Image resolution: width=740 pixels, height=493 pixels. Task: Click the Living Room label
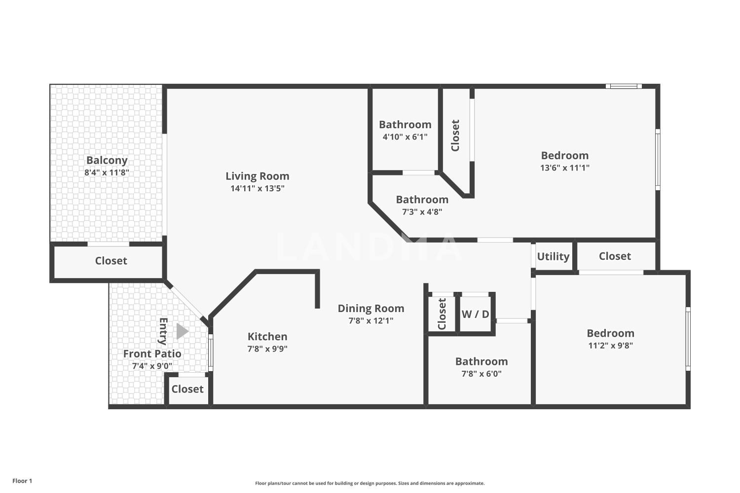click(x=258, y=176)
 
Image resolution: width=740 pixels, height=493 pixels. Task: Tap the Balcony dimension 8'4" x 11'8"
click(x=107, y=173)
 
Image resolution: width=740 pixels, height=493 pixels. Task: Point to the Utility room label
click(x=553, y=256)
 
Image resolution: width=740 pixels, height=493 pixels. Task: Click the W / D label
click(x=475, y=315)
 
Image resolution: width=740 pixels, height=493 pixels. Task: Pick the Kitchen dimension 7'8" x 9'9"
click(x=267, y=349)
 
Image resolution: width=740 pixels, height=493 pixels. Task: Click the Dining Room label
click(x=370, y=309)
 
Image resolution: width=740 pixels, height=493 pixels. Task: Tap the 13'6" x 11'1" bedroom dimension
click(x=564, y=168)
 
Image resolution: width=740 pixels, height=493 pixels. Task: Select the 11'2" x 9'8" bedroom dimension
click(x=611, y=346)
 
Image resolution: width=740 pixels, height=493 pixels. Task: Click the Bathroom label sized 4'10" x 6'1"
click(x=405, y=125)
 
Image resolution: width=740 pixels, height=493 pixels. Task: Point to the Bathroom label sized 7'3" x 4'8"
click(x=422, y=200)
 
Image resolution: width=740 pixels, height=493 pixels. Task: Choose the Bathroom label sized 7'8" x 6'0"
click(x=481, y=361)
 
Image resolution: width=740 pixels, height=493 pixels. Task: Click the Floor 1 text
click(x=22, y=481)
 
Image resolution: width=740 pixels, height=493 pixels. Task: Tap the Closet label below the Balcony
click(x=111, y=261)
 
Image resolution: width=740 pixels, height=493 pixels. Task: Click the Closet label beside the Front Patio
click(x=187, y=389)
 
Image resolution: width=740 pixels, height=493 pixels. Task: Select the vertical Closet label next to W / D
click(x=442, y=314)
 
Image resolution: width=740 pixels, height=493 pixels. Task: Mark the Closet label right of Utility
click(x=615, y=256)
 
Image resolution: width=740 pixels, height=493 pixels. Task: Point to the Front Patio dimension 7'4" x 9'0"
click(x=152, y=366)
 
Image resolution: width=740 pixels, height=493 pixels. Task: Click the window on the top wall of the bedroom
click(x=624, y=86)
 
